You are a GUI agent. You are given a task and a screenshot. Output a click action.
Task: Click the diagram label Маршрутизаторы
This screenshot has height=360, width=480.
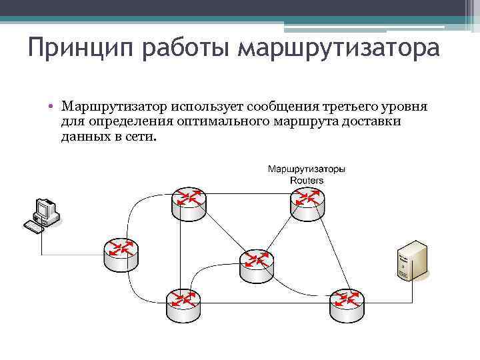[x=307, y=169]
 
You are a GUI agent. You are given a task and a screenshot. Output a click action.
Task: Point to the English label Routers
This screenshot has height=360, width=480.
[x=307, y=180]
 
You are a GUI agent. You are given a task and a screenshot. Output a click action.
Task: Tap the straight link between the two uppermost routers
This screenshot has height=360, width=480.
[x=248, y=194]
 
